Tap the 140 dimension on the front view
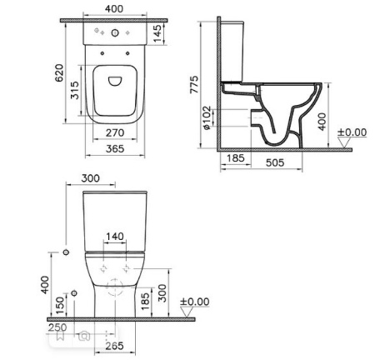coord(115,237)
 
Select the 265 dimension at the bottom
coord(115,347)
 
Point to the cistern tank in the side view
coord(234,50)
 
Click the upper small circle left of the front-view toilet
coord(65,250)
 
